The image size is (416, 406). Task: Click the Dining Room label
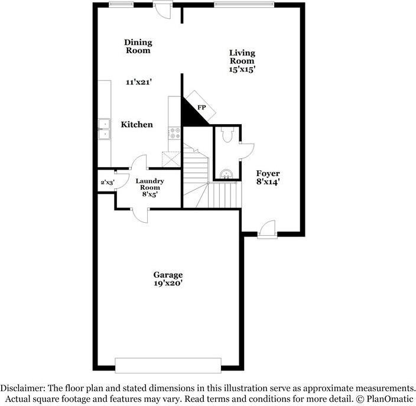click(x=138, y=46)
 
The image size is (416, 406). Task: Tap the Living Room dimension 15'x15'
click(x=242, y=69)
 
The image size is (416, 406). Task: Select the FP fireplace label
click(x=201, y=108)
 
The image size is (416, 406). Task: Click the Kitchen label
click(x=136, y=125)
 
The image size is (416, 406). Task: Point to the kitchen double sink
click(x=104, y=129)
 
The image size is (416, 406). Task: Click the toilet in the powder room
click(x=229, y=136)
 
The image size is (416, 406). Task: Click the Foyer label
click(x=268, y=173)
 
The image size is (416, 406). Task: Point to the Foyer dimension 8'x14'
click(x=268, y=182)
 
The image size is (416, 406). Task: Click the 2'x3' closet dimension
click(x=107, y=183)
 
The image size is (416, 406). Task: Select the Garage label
click(x=168, y=275)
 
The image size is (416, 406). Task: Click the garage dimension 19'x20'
click(x=168, y=284)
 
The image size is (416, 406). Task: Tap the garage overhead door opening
click(x=168, y=365)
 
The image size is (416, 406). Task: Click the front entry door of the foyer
click(x=267, y=230)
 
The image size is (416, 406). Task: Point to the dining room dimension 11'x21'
click(x=139, y=83)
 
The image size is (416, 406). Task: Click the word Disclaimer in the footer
click(x=22, y=388)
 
